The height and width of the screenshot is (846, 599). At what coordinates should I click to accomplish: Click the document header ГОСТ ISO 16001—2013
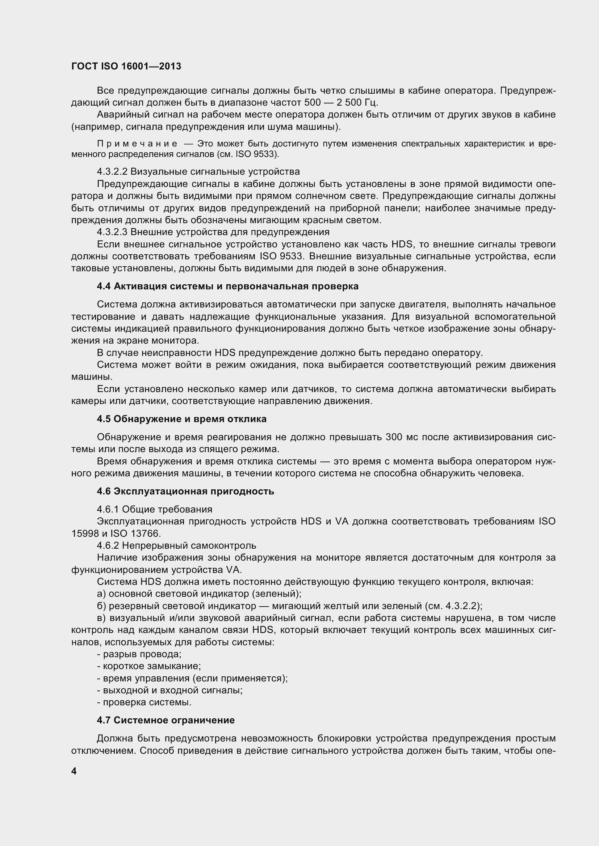[126, 67]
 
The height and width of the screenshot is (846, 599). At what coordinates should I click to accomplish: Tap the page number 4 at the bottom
[74, 771]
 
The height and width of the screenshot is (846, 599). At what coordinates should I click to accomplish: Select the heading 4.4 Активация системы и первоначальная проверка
[227, 286]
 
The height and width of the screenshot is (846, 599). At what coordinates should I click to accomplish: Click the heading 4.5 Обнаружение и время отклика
[181, 419]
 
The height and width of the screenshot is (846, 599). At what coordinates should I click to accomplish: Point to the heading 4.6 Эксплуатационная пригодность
[185, 491]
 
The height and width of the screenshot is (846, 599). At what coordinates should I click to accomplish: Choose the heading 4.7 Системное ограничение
[166, 720]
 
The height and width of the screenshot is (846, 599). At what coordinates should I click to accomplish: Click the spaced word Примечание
[137, 144]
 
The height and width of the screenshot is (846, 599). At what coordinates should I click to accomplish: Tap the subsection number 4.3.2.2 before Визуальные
[112, 172]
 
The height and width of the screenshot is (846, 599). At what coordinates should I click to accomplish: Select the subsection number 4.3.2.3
[112, 232]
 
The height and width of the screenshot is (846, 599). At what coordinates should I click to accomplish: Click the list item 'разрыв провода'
[139, 654]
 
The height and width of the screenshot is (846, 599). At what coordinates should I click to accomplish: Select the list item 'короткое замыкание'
[148, 666]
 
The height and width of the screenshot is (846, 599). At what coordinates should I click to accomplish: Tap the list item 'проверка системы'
[144, 702]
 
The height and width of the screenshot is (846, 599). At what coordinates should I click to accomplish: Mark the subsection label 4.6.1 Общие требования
[155, 510]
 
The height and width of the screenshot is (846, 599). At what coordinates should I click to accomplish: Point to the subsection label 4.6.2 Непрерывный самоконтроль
[176, 546]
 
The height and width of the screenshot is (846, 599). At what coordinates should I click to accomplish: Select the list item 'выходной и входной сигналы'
[169, 690]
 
